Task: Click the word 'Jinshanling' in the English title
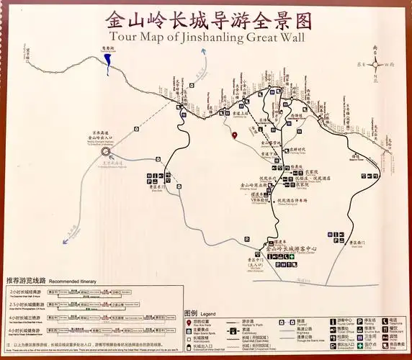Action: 209,38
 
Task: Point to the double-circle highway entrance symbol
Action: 107,152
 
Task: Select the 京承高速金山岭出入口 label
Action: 105,134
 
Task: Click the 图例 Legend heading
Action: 191,313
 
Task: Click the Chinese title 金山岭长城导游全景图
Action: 207,18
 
